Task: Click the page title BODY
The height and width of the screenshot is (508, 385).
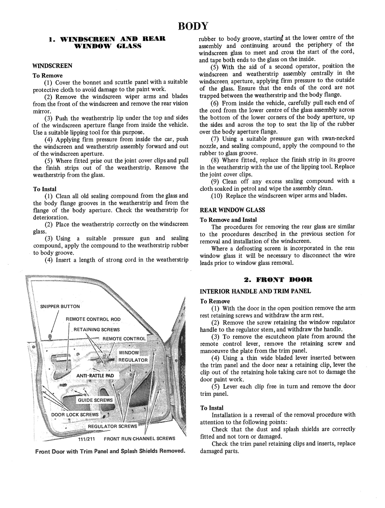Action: (x=193, y=26)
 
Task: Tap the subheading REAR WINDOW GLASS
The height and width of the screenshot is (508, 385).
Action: (x=232, y=210)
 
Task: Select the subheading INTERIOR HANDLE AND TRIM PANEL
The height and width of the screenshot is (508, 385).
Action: (x=255, y=291)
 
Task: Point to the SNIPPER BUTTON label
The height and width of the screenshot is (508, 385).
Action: (x=60, y=306)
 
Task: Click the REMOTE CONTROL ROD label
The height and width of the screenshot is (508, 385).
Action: (x=93, y=319)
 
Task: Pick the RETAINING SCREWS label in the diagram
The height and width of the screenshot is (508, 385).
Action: (x=97, y=330)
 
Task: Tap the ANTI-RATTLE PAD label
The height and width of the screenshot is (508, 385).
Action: (x=95, y=376)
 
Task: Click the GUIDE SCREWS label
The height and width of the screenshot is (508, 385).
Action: (x=95, y=400)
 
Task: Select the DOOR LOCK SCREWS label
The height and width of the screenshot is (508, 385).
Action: (x=75, y=415)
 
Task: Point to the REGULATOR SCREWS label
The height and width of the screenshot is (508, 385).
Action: (x=112, y=426)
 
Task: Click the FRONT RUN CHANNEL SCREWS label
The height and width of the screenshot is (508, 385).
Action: (x=139, y=438)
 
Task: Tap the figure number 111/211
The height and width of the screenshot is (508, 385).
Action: (x=86, y=439)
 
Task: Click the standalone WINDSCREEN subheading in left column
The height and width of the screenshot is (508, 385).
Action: (x=52, y=66)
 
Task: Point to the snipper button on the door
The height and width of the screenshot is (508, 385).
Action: (x=50, y=336)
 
